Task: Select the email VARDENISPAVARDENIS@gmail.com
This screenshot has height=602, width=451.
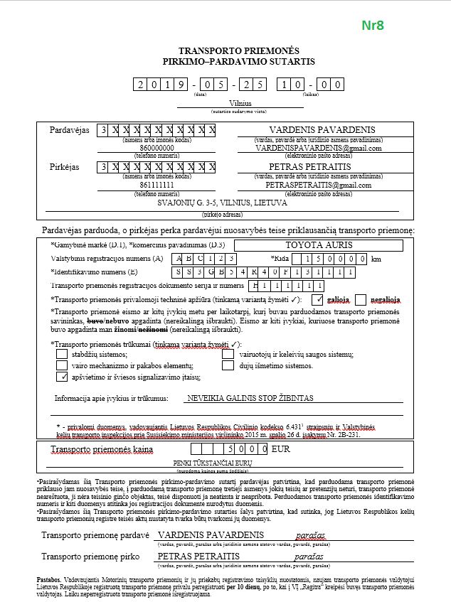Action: [319, 149]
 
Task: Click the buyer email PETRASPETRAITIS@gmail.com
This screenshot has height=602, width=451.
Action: [319, 185]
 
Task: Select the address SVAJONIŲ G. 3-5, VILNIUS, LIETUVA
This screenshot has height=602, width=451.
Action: [222, 203]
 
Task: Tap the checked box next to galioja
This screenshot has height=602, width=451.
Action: [318, 299]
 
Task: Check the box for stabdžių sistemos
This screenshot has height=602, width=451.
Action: [62, 354]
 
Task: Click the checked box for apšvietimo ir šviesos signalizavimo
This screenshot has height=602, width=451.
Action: [62, 377]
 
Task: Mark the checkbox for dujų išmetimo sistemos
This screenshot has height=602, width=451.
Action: [228, 365]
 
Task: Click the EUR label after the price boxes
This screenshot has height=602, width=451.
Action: [281, 450]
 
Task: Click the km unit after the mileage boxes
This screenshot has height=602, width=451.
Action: [376, 258]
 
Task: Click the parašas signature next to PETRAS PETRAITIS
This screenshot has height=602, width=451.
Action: [309, 557]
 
